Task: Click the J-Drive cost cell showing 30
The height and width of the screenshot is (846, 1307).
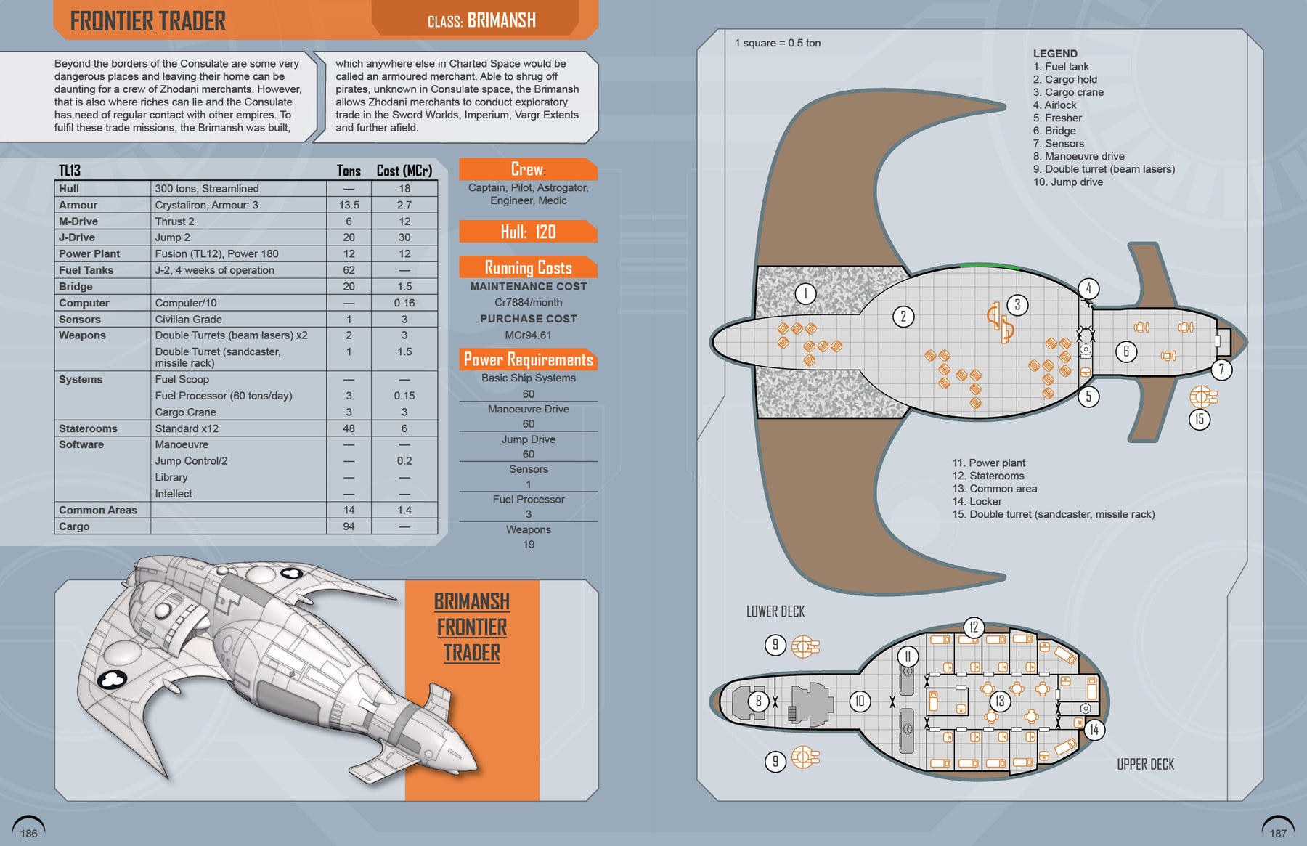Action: (x=404, y=237)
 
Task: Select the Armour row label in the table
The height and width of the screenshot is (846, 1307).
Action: (x=78, y=205)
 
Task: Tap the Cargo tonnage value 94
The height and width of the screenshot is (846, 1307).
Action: (x=349, y=526)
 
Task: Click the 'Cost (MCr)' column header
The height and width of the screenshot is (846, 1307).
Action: (x=404, y=171)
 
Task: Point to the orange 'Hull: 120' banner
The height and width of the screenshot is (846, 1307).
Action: (x=528, y=232)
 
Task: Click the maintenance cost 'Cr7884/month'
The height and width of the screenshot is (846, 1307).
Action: (x=528, y=302)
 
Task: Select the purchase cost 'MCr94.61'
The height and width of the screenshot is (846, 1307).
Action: (x=528, y=335)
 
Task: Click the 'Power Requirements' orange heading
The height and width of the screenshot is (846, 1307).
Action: (x=528, y=359)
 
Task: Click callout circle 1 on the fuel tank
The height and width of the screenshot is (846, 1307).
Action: (x=805, y=293)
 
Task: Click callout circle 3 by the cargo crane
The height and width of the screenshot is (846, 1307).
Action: (x=1017, y=304)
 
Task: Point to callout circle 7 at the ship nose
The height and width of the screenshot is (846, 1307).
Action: (x=1221, y=370)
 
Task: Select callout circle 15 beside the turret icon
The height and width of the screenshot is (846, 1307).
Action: (x=1200, y=419)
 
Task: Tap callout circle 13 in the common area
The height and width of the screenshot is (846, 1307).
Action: (x=1000, y=701)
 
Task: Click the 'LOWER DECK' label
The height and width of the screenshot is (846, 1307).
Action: (x=775, y=611)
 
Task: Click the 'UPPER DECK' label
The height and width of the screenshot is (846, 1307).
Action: (x=1145, y=764)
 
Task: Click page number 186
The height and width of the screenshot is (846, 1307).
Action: (x=29, y=833)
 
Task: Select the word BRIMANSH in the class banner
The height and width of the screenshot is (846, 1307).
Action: (x=501, y=20)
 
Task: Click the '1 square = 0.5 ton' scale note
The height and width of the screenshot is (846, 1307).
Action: (x=778, y=43)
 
